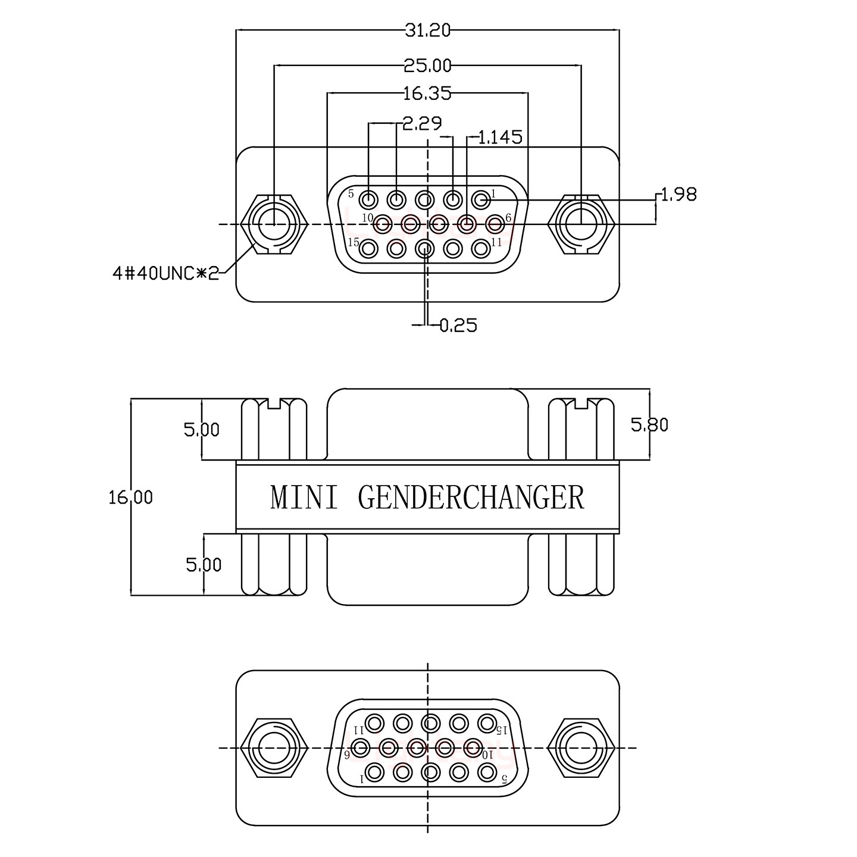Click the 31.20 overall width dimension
click(x=427, y=30)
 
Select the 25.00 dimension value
click(x=427, y=65)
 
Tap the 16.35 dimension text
click(x=427, y=93)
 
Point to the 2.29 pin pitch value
click(x=422, y=124)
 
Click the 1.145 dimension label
click(x=500, y=137)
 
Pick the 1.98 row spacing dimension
click(x=678, y=194)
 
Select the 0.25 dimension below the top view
click(x=458, y=325)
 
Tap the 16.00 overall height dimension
click(x=130, y=497)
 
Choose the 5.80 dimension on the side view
click(x=649, y=424)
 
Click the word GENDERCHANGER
click(x=471, y=498)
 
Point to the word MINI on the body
click(x=304, y=498)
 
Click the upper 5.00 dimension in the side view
click(x=202, y=429)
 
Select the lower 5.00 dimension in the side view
click(x=204, y=564)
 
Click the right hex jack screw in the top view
click(x=581, y=224)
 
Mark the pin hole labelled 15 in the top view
click(x=369, y=248)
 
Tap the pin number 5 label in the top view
click(x=351, y=193)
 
